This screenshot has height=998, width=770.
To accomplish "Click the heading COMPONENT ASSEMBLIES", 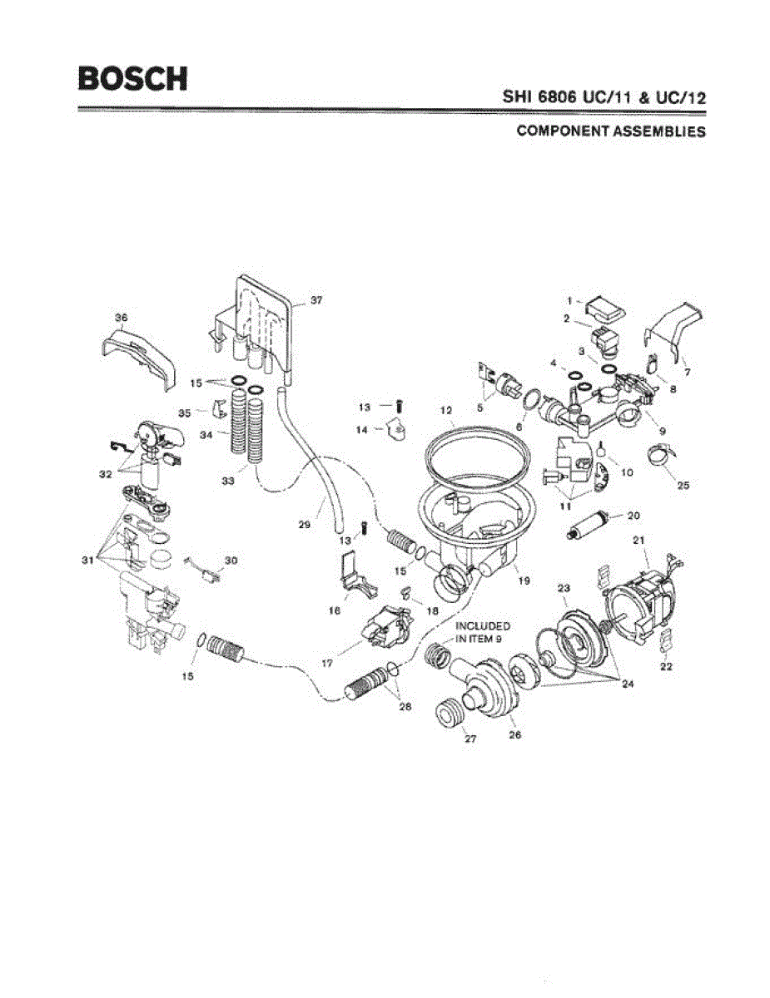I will coord(611,131).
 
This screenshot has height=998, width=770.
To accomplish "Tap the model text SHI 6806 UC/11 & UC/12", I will coord(604,96).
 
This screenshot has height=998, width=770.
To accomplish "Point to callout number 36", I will coord(122,317).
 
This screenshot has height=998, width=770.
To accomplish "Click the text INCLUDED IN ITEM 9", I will coord(483,631).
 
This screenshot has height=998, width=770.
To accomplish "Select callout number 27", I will coord(469,739).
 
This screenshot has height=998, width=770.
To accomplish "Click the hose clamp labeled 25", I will coord(664,456).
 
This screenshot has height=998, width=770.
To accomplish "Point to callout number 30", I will coord(231,561).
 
